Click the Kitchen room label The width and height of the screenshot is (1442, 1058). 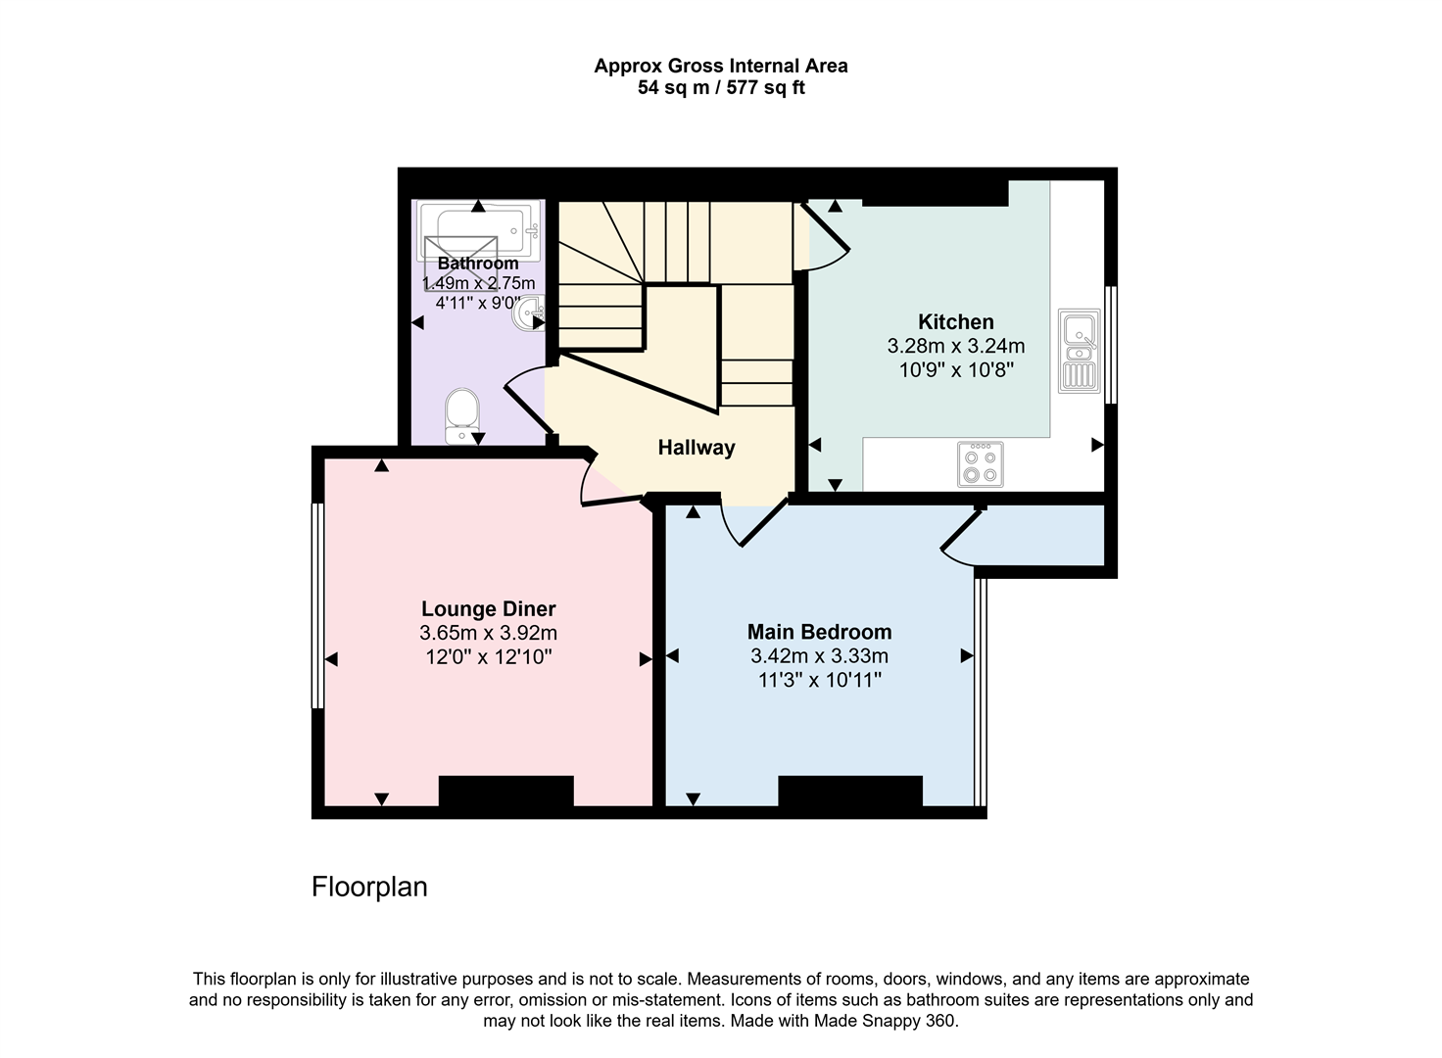[x=955, y=321]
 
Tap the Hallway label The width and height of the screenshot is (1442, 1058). [x=696, y=448]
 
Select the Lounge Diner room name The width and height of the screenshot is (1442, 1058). [x=488, y=608]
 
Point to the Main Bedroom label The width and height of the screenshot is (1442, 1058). [x=819, y=632]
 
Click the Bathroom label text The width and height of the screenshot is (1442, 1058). [x=478, y=264]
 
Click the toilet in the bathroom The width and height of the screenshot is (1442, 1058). [x=461, y=416]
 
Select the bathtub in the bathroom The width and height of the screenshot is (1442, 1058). [x=478, y=231]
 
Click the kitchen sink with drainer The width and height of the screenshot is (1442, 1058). [x=1079, y=351]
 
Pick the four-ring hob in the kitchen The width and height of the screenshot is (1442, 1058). [x=980, y=464]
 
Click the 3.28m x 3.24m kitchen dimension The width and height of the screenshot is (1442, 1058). [x=955, y=346]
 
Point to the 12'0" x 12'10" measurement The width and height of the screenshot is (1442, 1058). [x=488, y=657]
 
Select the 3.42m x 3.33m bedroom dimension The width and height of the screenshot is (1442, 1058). [x=819, y=656]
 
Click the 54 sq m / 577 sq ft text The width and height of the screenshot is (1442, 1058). [x=721, y=88]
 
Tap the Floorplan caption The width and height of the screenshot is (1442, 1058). [x=369, y=887]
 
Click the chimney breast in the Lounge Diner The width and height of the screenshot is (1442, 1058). [x=505, y=792]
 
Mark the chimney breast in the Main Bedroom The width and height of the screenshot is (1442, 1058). [x=849, y=792]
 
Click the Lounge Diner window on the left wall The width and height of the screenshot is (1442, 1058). [x=317, y=605]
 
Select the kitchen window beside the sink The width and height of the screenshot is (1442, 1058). [x=1111, y=344]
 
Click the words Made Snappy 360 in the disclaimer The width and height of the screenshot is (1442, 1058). [x=893, y=1021]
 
